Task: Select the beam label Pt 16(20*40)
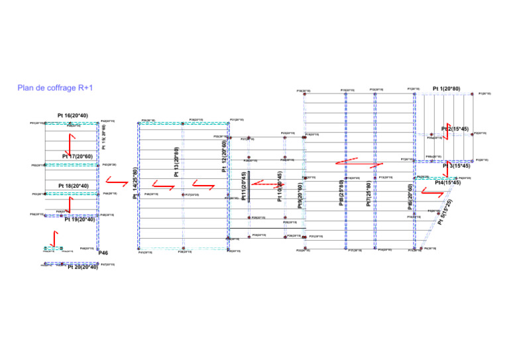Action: coord(73,115)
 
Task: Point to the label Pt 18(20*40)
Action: coord(73,186)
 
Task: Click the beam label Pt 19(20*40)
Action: coord(80,219)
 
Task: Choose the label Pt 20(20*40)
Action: coord(83,267)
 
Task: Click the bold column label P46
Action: coord(103,253)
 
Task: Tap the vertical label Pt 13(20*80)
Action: coord(176,163)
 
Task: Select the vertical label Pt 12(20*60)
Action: coord(225,156)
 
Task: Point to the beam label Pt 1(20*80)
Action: coord(446,88)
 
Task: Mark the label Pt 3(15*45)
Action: coord(457,166)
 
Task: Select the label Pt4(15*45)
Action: coord(447,182)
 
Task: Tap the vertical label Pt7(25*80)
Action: coord(369,190)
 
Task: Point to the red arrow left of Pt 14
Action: coord(117,180)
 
